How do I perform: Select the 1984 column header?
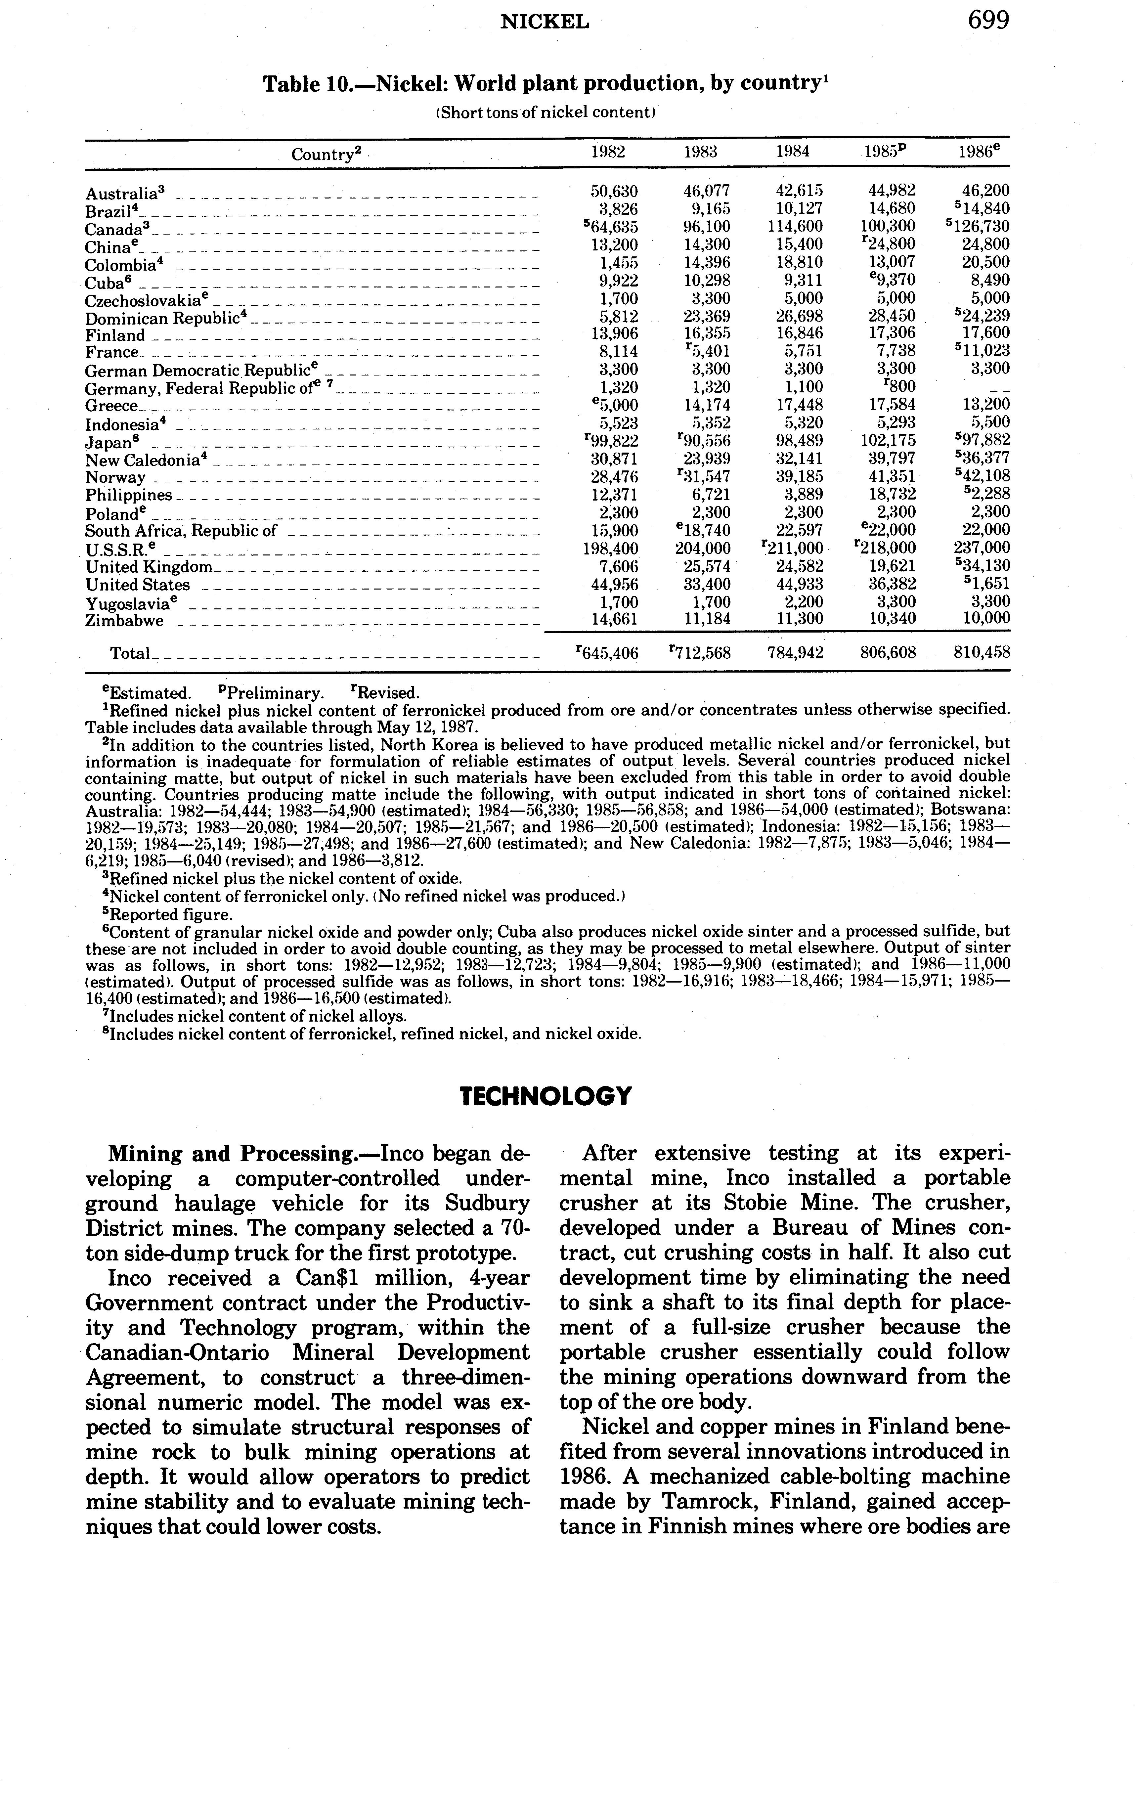pyautogui.click(x=792, y=152)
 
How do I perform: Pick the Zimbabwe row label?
pyautogui.click(x=124, y=621)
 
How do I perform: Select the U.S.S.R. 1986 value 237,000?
pyautogui.click(x=981, y=548)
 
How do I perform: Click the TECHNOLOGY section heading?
pyautogui.click(x=546, y=1097)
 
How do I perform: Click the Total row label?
pyautogui.click(x=130, y=654)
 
